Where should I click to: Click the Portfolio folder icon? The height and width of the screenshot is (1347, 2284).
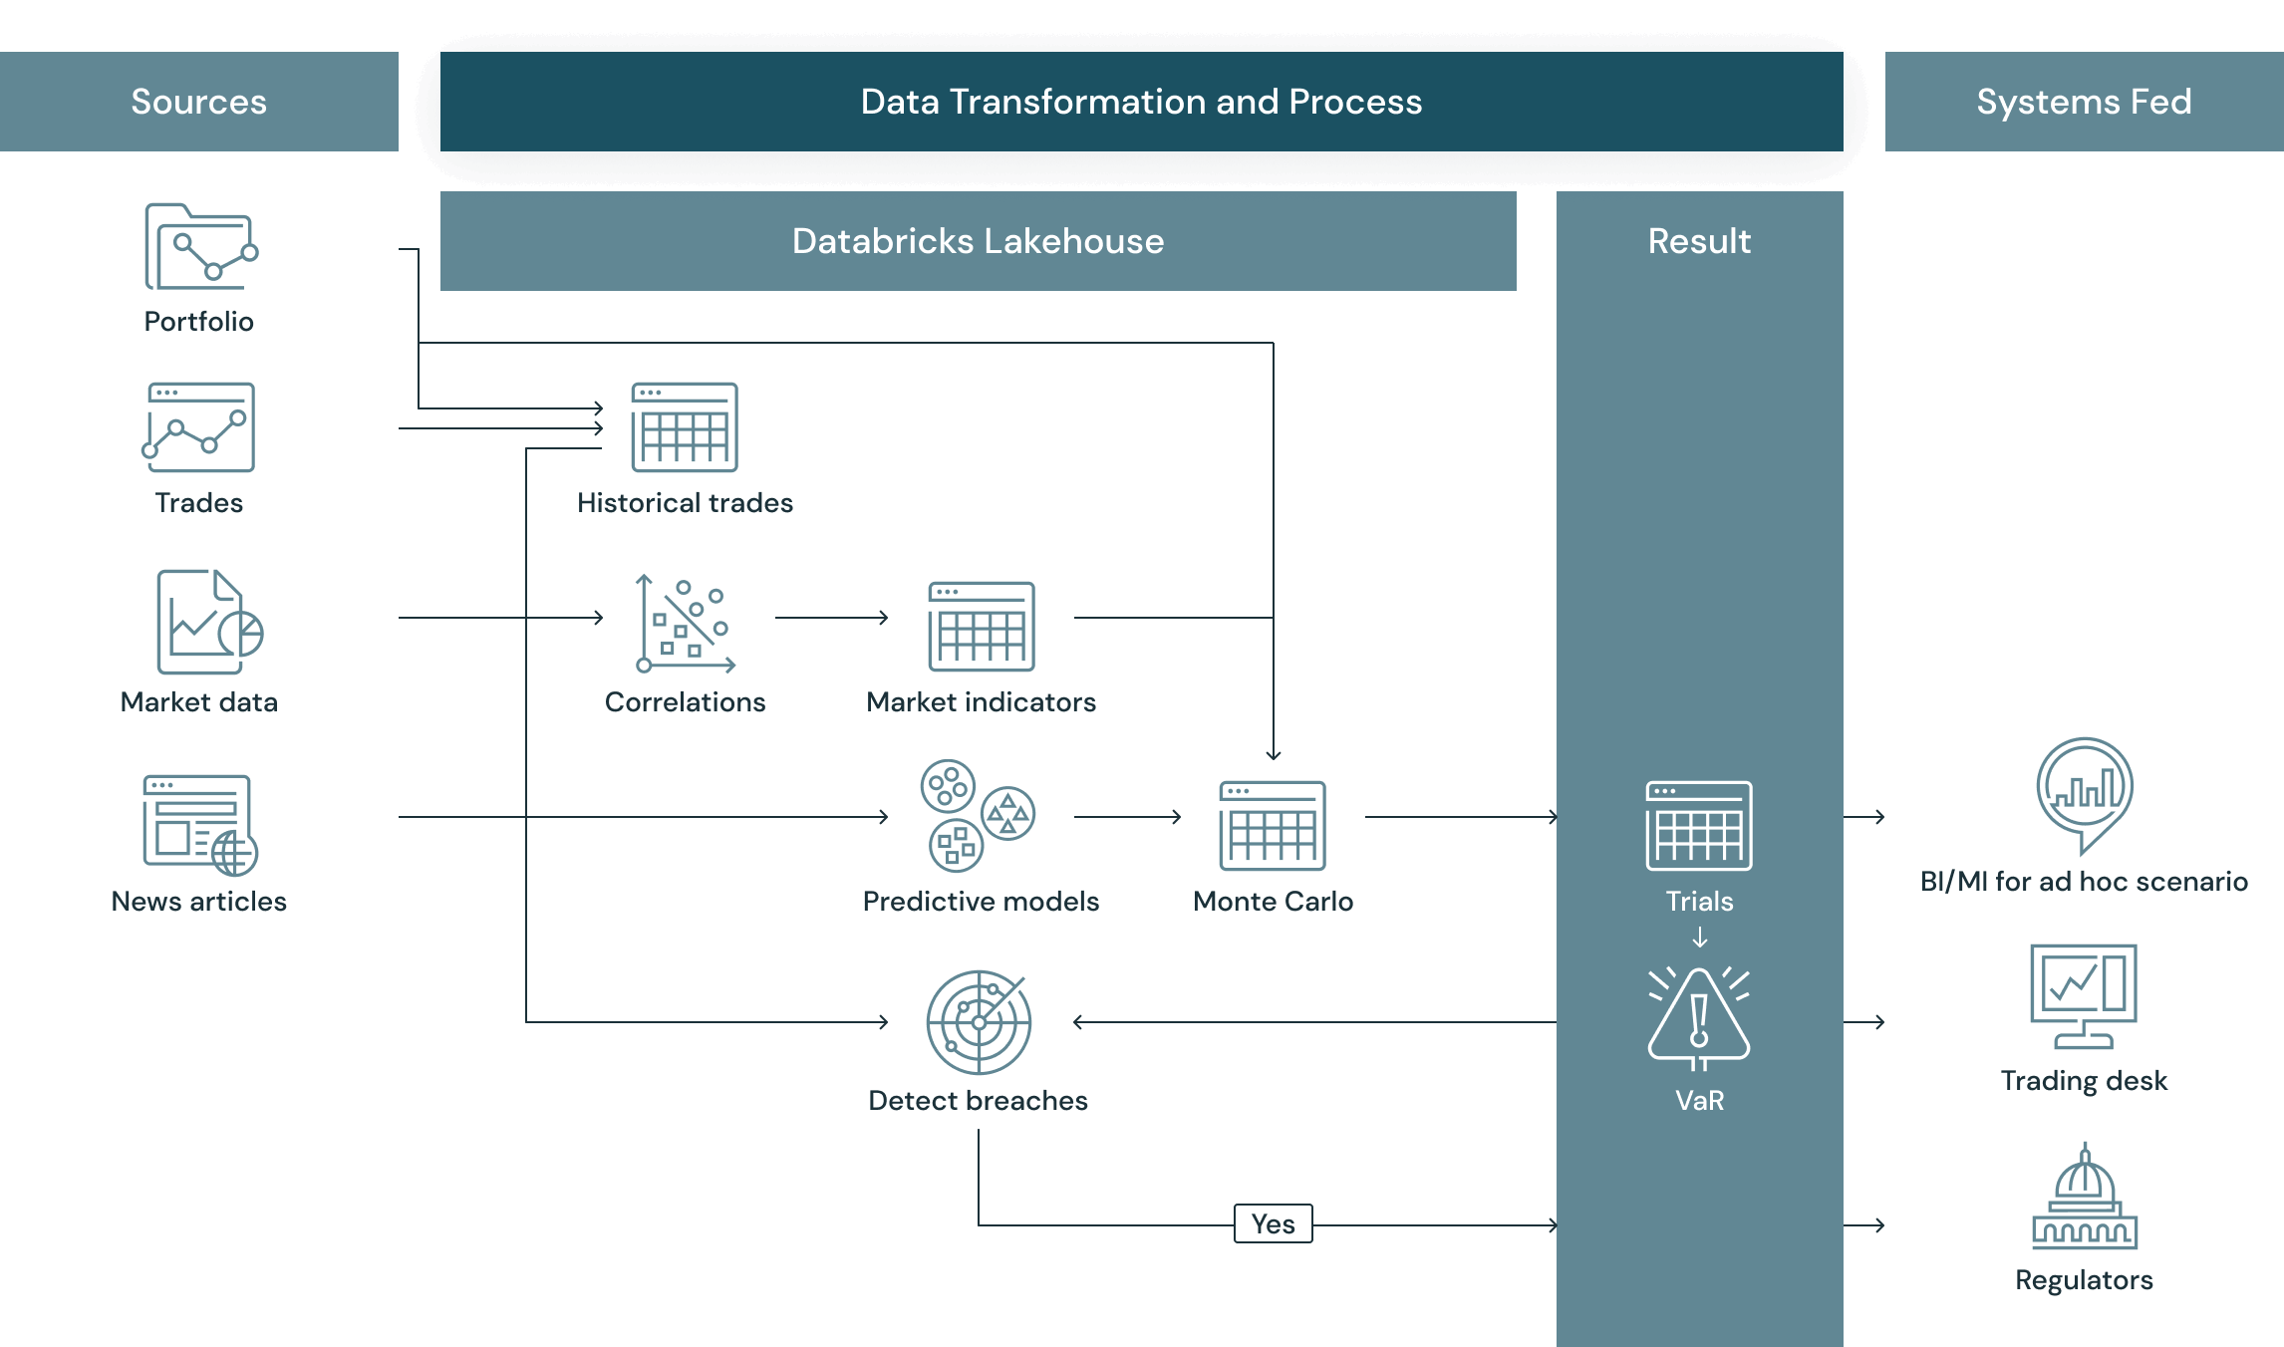(200, 246)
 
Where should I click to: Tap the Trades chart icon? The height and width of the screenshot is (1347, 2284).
(199, 426)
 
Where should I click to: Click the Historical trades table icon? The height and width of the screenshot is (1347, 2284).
(685, 426)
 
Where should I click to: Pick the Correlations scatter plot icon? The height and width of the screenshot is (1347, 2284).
(686, 624)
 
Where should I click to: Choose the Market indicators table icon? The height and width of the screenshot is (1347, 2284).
(982, 626)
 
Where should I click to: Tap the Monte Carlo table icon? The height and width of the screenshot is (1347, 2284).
(1273, 825)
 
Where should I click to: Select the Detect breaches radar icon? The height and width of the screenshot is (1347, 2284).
(979, 1021)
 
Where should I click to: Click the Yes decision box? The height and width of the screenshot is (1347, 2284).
(1273, 1223)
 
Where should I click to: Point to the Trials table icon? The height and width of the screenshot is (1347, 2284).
(1699, 825)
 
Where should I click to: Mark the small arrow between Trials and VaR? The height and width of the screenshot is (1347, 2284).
(1700, 938)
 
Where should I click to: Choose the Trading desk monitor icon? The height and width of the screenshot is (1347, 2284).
(2084, 995)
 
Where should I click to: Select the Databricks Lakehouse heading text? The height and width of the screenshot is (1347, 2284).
(978, 241)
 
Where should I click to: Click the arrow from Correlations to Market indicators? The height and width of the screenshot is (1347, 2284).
(832, 618)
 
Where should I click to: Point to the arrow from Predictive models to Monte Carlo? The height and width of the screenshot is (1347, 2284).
(1128, 817)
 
